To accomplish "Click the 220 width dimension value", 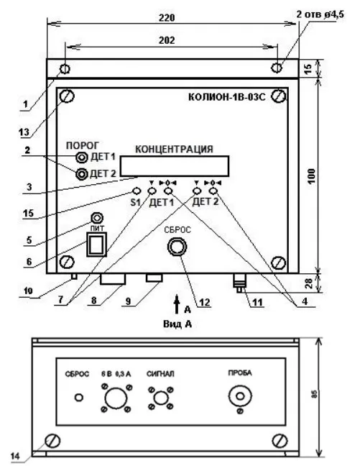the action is coord(166,17).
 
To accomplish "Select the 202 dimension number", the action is coord(166,40).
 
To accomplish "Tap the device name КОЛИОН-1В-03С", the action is coord(226,97).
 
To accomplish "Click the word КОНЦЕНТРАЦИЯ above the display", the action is coord(174,149).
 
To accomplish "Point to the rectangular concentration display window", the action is coord(175,166).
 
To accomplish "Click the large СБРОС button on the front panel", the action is coord(177,247).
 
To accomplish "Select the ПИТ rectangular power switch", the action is coord(96,244).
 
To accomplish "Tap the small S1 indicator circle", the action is coord(136,191).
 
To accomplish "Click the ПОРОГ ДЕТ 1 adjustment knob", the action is coord(82,157).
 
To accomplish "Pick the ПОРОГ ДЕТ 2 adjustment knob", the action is coord(82,173).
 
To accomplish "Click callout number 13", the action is coord(24,132).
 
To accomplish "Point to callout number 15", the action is coord(29,213).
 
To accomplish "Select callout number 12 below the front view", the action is coord(204,302).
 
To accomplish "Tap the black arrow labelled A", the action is coord(177,304).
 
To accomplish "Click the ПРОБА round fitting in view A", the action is coord(240,396).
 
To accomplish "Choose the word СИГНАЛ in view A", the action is coord(160,373).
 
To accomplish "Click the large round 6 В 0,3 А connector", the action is coord(116,398).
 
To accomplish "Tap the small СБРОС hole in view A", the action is coord(79,398).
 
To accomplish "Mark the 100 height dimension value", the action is coord(311,176).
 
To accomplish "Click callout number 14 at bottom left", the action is coord(15,456).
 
